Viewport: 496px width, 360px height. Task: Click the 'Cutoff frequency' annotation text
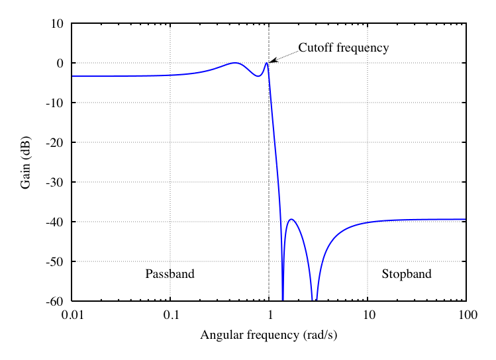pos(343,48)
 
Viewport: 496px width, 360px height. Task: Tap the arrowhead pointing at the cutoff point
pos(272,62)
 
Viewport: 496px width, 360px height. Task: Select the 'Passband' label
pos(170,274)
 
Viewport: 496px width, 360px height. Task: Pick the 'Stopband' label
pos(406,274)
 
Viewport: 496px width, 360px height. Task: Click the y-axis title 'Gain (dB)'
pos(26,162)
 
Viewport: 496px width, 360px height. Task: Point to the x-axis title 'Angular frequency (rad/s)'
pos(268,335)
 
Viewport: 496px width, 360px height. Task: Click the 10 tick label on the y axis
pos(57,24)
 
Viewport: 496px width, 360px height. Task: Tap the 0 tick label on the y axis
pos(60,64)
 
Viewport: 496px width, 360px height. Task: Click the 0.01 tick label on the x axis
pos(72,314)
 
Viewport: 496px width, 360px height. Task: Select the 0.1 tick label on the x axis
pos(170,314)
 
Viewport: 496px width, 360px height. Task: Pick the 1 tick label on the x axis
pos(269,314)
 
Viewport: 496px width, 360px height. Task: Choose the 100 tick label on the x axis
pos(467,314)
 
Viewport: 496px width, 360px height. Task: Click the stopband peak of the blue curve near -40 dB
pos(291,220)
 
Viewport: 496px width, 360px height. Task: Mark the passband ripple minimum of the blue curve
pos(258,76)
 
